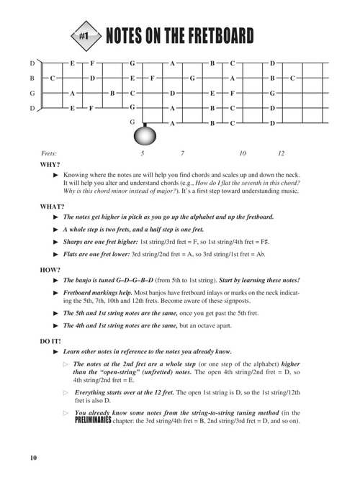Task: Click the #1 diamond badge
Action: pos(84,35)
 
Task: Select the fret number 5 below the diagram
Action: pos(143,154)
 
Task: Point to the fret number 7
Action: pos(183,154)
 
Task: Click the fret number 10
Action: pos(243,154)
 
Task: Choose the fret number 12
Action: pos(282,154)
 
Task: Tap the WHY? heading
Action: pos(51,165)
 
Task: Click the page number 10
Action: pos(33,458)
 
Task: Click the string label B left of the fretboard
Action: pos(32,78)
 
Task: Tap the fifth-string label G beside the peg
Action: pos(132,122)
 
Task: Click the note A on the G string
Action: pos(72,94)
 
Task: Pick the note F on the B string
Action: pos(153,78)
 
